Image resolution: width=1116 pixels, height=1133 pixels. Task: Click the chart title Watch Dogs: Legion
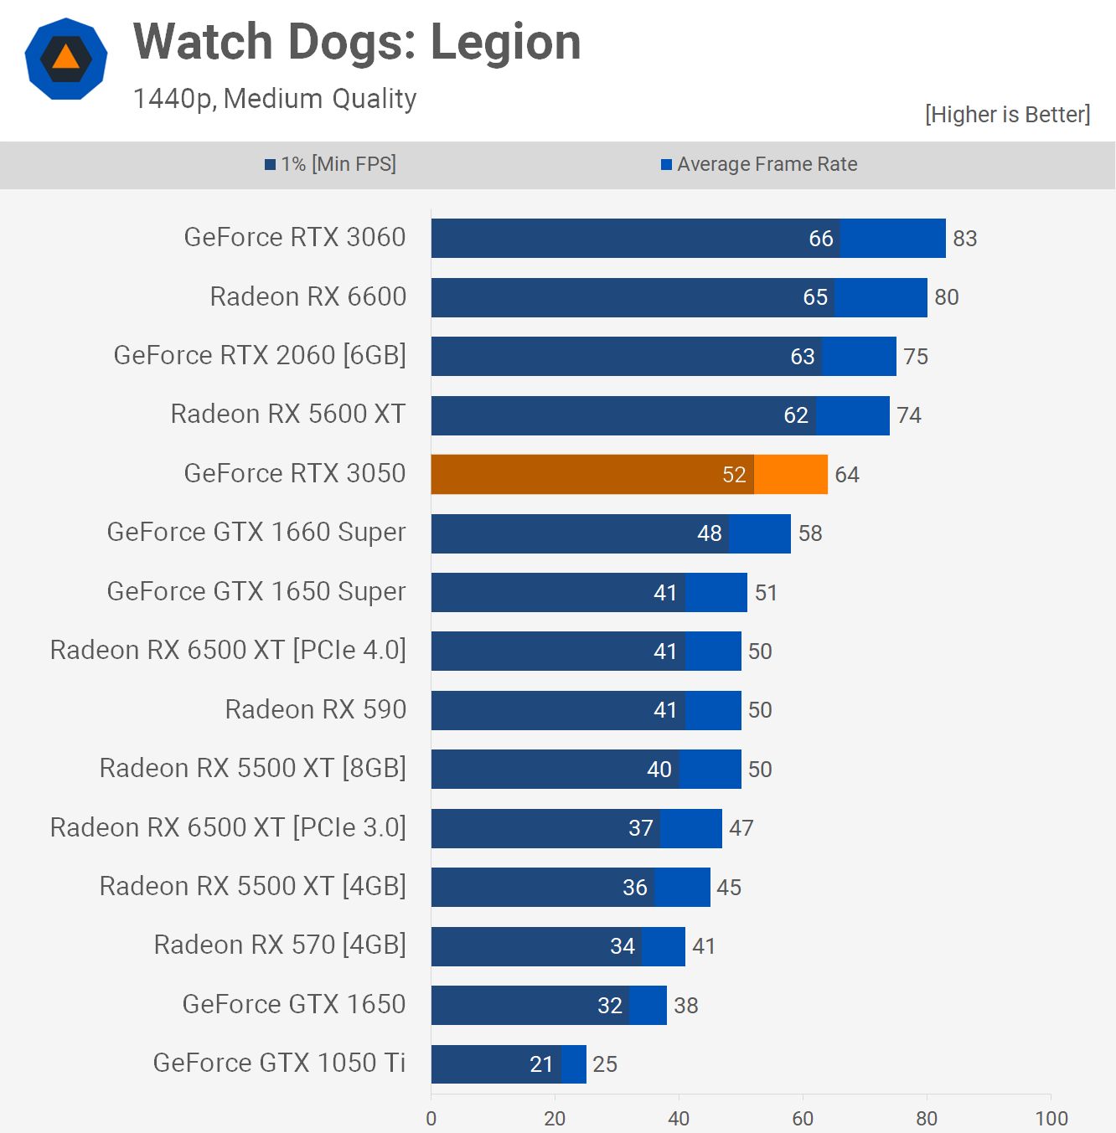click(357, 42)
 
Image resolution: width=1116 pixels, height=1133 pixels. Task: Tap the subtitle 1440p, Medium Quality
click(275, 99)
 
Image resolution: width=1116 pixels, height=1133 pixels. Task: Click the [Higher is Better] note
click(1007, 115)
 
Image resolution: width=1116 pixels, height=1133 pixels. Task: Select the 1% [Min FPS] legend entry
click(330, 164)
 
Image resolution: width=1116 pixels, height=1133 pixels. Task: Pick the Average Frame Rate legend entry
click(759, 164)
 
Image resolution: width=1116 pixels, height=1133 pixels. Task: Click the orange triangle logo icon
click(66, 59)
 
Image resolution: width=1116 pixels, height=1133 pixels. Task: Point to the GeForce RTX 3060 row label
click(295, 238)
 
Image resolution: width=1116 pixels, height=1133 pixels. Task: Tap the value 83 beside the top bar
click(964, 239)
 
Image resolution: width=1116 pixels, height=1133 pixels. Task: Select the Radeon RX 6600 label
click(308, 296)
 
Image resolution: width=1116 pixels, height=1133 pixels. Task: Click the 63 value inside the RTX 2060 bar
click(803, 357)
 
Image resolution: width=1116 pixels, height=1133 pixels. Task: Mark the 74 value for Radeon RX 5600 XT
click(909, 415)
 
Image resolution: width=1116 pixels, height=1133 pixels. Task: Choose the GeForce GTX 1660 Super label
click(256, 533)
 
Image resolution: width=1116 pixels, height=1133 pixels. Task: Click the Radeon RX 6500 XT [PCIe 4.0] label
click(228, 651)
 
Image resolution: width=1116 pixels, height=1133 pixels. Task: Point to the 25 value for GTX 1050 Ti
click(605, 1064)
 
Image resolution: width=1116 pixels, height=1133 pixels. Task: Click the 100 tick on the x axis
click(1051, 1119)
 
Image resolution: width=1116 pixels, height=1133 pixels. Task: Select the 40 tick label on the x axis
click(679, 1119)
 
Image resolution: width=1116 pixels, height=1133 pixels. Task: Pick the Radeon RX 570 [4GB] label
click(280, 945)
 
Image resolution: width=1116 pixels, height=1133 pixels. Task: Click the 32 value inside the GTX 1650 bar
click(610, 1006)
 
